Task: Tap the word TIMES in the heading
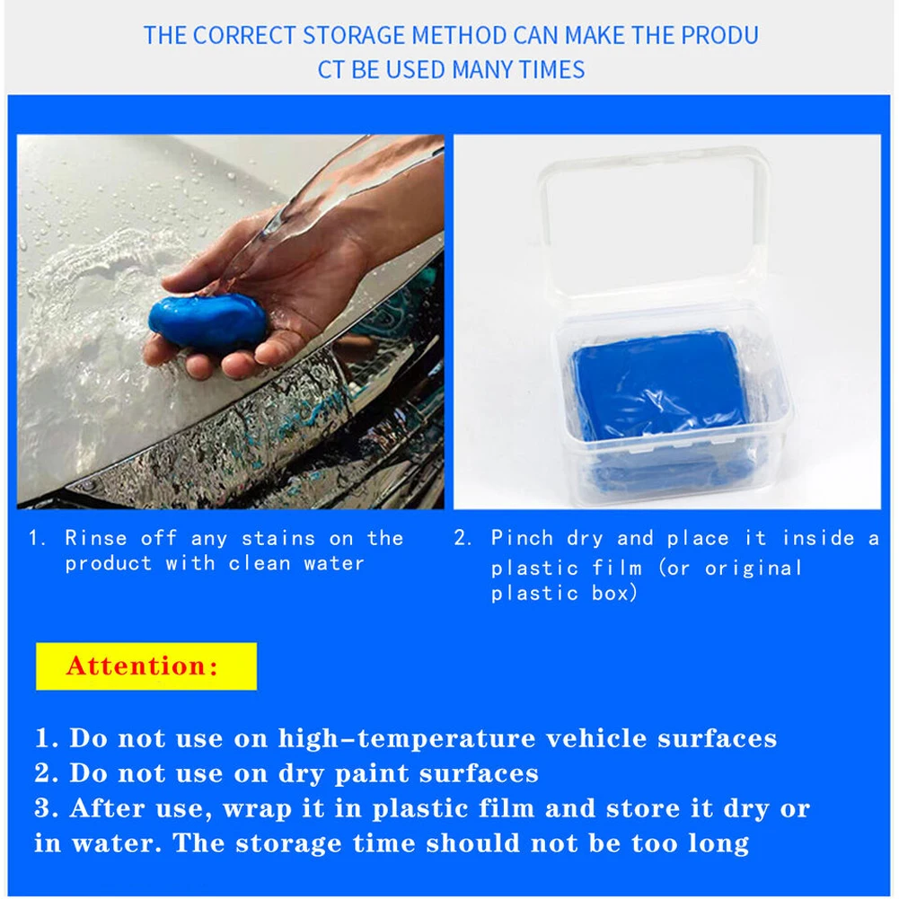(x=551, y=70)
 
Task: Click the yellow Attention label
(x=145, y=666)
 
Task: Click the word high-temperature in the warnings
(x=405, y=738)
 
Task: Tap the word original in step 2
(x=753, y=568)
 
